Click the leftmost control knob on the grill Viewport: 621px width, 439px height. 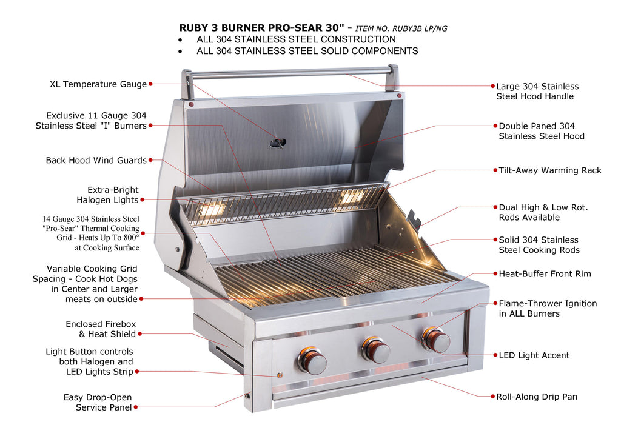pyautogui.click(x=312, y=360)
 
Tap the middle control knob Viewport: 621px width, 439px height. pyautogui.click(x=375, y=350)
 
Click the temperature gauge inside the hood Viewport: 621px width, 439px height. pyautogui.click(x=278, y=142)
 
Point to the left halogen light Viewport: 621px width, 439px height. pyautogui.click(x=212, y=207)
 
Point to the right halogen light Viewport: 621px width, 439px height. pyautogui.click(x=351, y=196)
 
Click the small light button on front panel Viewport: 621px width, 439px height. pyautogui.click(x=280, y=375)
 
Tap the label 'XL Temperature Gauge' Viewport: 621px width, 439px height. pyautogui.click(x=98, y=84)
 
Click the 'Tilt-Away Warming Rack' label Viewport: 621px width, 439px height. pyautogui.click(x=550, y=170)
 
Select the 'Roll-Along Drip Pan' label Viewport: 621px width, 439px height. pyautogui.click(x=537, y=397)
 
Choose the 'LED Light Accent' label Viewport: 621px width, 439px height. pyautogui.click(x=534, y=355)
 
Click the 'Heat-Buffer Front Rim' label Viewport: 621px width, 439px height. pyautogui.click(x=545, y=274)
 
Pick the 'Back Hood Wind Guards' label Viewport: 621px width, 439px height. pyautogui.click(x=96, y=160)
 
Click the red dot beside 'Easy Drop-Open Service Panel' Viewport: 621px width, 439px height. pyautogui.click(x=136, y=407)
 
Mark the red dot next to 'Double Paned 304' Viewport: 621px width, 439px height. pyautogui.click(x=495, y=126)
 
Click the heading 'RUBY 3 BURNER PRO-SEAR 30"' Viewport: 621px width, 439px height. pyautogui.click(x=262, y=28)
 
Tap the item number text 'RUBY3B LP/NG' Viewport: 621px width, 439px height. pyautogui.click(x=420, y=28)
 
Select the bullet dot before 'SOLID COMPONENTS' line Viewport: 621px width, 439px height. pyautogui.click(x=180, y=52)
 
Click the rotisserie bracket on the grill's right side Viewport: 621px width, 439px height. pyautogui.click(x=414, y=218)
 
